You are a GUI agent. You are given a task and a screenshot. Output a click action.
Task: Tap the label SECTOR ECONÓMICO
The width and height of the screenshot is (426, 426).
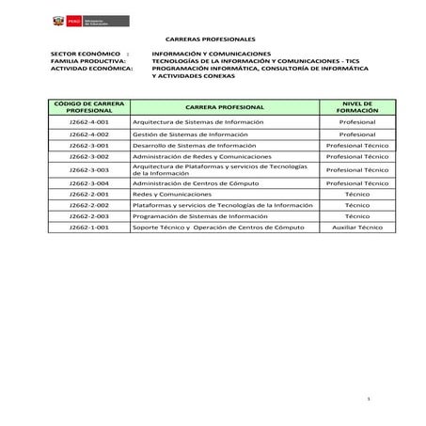(x=87, y=55)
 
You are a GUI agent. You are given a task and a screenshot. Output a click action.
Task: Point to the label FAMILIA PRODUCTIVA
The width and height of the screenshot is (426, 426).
(x=87, y=61)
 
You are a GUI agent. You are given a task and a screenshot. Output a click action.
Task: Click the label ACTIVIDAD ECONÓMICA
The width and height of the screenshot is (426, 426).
(x=91, y=69)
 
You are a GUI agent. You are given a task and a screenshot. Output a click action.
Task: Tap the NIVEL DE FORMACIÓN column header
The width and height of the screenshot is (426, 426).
(x=356, y=108)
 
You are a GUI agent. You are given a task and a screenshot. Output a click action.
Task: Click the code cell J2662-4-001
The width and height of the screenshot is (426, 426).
(x=89, y=122)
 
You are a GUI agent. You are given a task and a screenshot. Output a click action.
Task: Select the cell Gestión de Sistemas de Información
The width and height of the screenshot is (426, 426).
(x=190, y=134)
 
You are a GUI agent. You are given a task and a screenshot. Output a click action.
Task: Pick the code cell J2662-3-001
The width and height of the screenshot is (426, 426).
(x=89, y=146)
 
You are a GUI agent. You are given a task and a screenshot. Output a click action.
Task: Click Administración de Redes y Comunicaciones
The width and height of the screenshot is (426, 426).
(x=201, y=157)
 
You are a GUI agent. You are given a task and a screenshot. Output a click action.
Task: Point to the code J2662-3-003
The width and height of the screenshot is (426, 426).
(x=89, y=170)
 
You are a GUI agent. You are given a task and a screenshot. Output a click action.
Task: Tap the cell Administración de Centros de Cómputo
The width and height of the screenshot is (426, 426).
(x=195, y=183)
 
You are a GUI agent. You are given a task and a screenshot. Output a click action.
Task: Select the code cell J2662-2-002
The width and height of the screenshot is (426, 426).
(x=89, y=205)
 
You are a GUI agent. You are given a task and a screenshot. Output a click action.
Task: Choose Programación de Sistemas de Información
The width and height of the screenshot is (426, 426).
(x=199, y=216)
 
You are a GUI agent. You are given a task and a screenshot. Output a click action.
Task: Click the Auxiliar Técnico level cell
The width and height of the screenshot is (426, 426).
(x=356, y=228)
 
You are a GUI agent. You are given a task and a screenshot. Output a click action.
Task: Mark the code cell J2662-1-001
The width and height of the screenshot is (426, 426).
(x=89, y=228)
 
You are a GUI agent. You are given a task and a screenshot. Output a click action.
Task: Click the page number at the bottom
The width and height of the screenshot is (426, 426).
(x=369, y=401)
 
